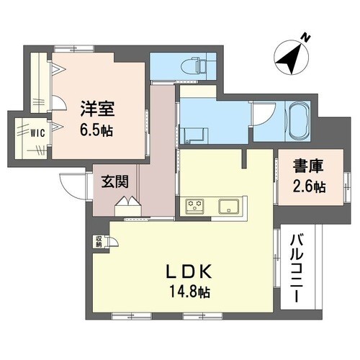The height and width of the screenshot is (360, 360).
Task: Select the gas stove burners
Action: (194, 204)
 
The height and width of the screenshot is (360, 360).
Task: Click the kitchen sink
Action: (229, 204)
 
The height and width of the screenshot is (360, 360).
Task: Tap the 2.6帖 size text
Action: (307, 186)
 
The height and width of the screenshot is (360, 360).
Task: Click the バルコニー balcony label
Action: (297, 269)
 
